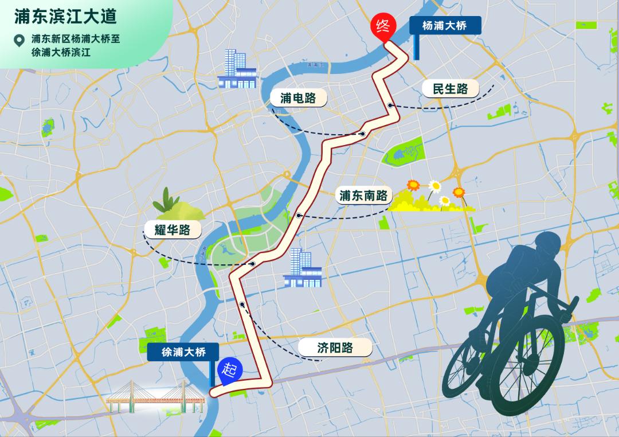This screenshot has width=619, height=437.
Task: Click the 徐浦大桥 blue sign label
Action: (x=183, y=352)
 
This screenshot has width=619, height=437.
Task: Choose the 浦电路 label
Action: (x=298, y=97)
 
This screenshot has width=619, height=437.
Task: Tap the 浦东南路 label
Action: (x=363, y=196)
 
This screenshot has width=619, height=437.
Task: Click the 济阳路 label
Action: (x=335, y=348)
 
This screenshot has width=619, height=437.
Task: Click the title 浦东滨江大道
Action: (x=66, y=16)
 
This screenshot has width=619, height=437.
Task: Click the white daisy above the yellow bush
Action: (x=436, y=186)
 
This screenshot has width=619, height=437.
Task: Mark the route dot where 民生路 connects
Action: (x=390, y=105)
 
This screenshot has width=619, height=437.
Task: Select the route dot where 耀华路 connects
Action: (x=252, y=264)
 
